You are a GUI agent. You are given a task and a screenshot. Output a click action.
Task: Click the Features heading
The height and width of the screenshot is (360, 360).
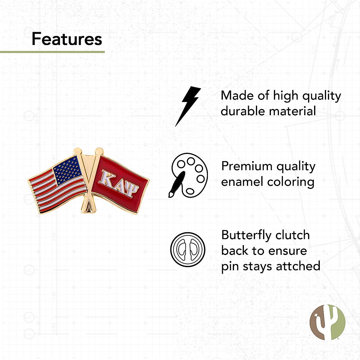67,39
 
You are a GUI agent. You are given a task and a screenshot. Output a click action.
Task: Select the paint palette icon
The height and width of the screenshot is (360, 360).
188,175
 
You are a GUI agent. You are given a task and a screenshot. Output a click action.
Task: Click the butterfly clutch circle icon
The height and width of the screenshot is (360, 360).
188,249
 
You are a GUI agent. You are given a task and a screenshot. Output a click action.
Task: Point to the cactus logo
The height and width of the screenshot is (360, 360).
327,322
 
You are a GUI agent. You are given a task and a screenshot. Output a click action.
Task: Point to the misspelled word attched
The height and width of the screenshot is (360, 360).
298,266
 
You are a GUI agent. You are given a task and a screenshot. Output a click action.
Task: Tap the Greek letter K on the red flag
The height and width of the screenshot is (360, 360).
106,177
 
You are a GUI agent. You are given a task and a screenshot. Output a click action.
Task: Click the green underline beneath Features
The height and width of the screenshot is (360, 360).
52,52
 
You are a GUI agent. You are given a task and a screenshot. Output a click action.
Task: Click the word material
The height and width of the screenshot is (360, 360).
292,111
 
